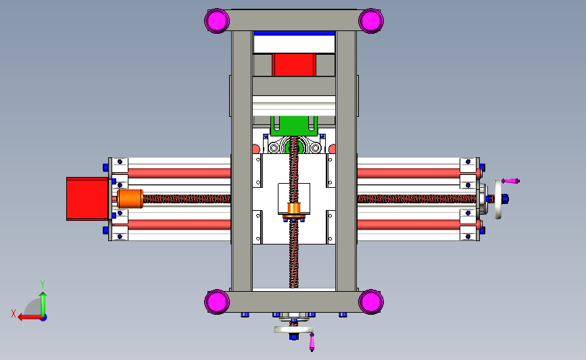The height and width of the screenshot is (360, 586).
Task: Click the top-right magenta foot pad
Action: [370, 20]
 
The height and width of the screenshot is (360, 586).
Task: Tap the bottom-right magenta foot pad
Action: [370, 301]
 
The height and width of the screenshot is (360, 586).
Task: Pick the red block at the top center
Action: [294, 65]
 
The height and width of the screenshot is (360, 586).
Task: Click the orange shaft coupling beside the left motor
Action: [128, 199]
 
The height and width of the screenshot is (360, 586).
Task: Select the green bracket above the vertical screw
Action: [294, 125]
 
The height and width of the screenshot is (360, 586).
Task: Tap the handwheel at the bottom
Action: [294, 330]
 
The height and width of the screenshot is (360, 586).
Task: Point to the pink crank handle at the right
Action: [512, 180]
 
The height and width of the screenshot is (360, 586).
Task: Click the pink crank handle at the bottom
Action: [312, 342]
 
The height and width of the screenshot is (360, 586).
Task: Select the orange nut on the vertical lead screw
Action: [293, 209]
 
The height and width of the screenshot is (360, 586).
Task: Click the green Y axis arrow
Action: [43, 297]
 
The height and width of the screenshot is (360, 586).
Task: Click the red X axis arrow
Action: [27, 316]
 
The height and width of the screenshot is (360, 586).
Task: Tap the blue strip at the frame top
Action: [294, 32]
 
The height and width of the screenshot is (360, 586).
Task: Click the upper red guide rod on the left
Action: [178, 173]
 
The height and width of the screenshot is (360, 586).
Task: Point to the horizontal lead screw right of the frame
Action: [412, 199]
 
